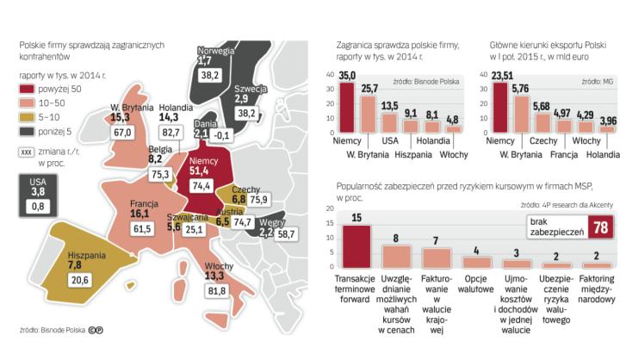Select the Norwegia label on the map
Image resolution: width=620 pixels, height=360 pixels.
217,50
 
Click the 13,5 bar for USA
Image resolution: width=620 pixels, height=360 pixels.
389,123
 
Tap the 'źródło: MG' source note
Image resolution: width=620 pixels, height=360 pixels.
602,80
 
